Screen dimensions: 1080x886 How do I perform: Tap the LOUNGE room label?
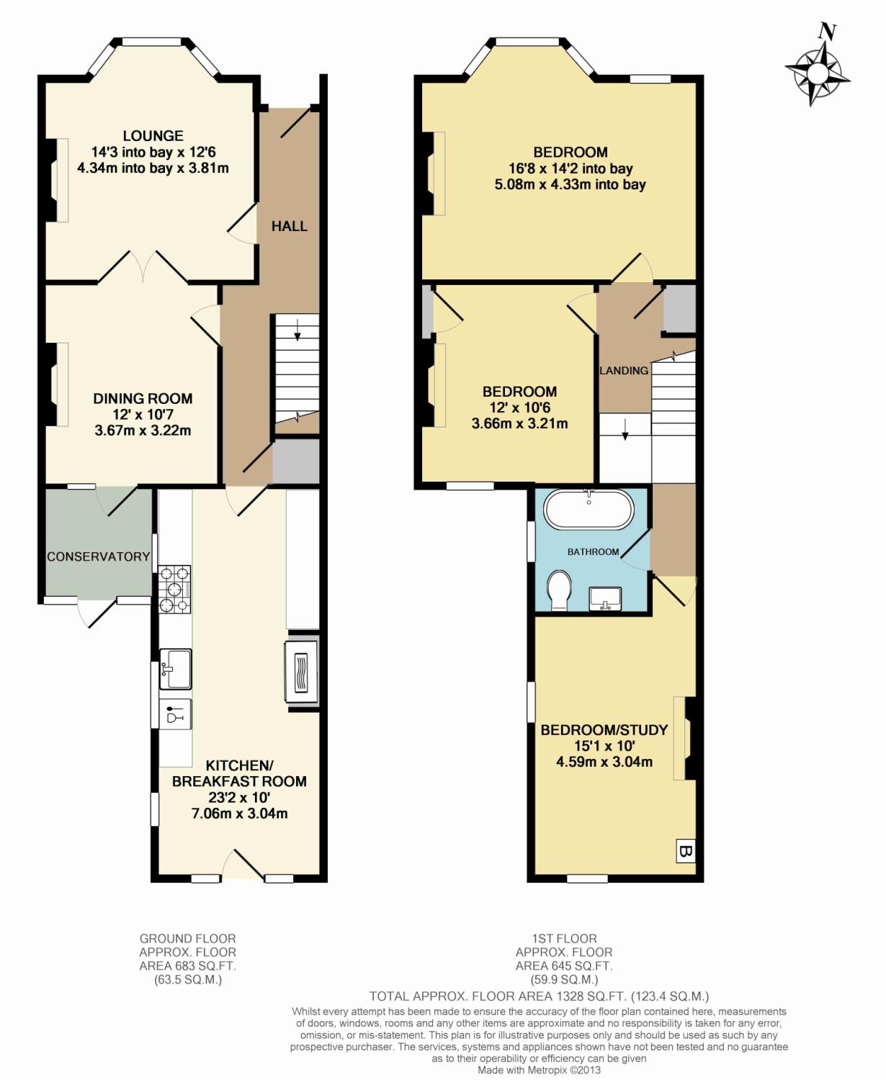pos(153,135)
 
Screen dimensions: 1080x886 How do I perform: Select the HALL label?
pos(289,226)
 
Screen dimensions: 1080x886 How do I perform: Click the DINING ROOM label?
pos(143,398)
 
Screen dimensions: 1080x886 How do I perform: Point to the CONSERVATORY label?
pos(98,557)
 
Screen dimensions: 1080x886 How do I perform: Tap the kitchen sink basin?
pos(175,669)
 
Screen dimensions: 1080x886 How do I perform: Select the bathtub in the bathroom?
pos(589,510)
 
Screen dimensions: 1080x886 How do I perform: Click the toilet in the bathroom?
pos(559,590)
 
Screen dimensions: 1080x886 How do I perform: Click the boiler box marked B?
pos(686,852)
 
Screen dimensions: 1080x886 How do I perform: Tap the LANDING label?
pos(624,370)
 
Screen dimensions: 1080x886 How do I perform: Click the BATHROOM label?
pos(593,552)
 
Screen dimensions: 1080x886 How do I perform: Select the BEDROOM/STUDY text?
pos(604,729)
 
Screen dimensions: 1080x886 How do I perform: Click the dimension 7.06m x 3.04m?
pos(239,814)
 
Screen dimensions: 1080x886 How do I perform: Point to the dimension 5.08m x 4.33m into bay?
pos(570,184)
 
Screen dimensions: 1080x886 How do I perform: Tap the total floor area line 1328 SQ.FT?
pos(539,996)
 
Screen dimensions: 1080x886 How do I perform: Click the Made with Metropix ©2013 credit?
pos(538,1070)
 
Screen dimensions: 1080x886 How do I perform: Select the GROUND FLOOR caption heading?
pos(187,938)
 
